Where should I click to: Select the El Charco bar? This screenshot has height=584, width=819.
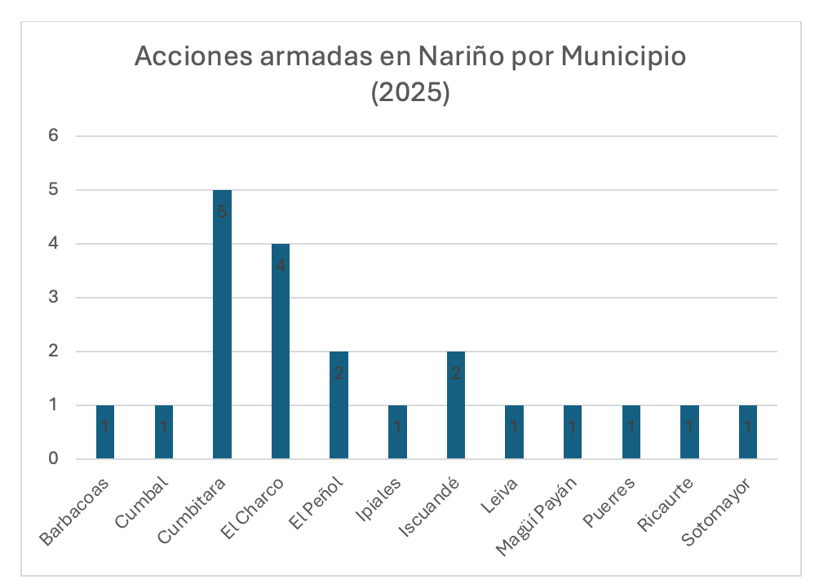(x=281, y=352)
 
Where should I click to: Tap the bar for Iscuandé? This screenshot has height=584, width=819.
(x=456, y=405)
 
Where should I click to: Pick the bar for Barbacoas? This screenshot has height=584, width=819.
(x=105, y=432)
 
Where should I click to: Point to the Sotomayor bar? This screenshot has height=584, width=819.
(x=748, y=432)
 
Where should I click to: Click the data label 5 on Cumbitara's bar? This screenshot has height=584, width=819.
(x=222, y=212)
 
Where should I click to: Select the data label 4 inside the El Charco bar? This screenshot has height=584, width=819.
(x=281, y=266)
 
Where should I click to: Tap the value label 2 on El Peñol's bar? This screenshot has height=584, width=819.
(x=339, y=374)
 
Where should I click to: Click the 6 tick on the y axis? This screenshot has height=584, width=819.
(x=54, y=136)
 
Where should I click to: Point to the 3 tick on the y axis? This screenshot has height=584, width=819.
(x=54, y=298)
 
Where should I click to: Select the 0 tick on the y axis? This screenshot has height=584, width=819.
(x=54, y=459)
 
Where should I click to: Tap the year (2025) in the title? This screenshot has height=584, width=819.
(x=409, y=92)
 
